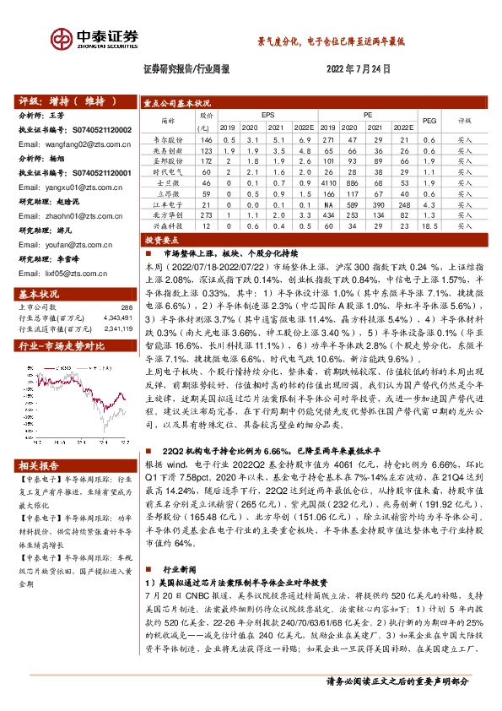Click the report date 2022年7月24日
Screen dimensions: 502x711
click(x=357, y=71)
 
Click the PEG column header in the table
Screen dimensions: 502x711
click(x=429, y=120)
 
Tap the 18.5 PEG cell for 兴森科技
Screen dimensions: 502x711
click(x=429, y=226)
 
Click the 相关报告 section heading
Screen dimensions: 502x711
click(x=39, y=466)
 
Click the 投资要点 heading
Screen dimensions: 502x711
click(x=160, y=240)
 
